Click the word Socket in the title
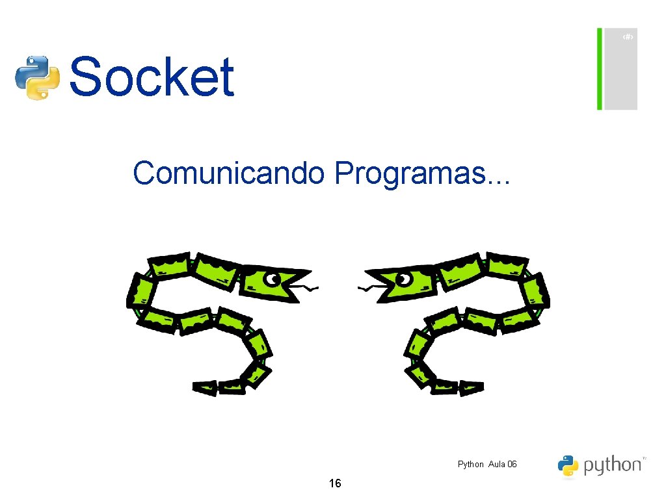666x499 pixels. pos(151,77)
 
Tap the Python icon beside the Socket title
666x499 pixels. pos(37,77)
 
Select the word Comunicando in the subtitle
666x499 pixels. pos(228,173)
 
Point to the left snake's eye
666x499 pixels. pos(271,280)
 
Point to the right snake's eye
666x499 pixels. pos(404,279)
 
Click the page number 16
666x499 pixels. pos(335,483)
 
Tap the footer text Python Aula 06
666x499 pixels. pos(487,464)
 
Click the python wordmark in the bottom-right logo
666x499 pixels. pos(612,465)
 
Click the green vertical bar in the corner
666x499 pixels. pos(600,69)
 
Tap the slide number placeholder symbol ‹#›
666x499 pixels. pos(627,38)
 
